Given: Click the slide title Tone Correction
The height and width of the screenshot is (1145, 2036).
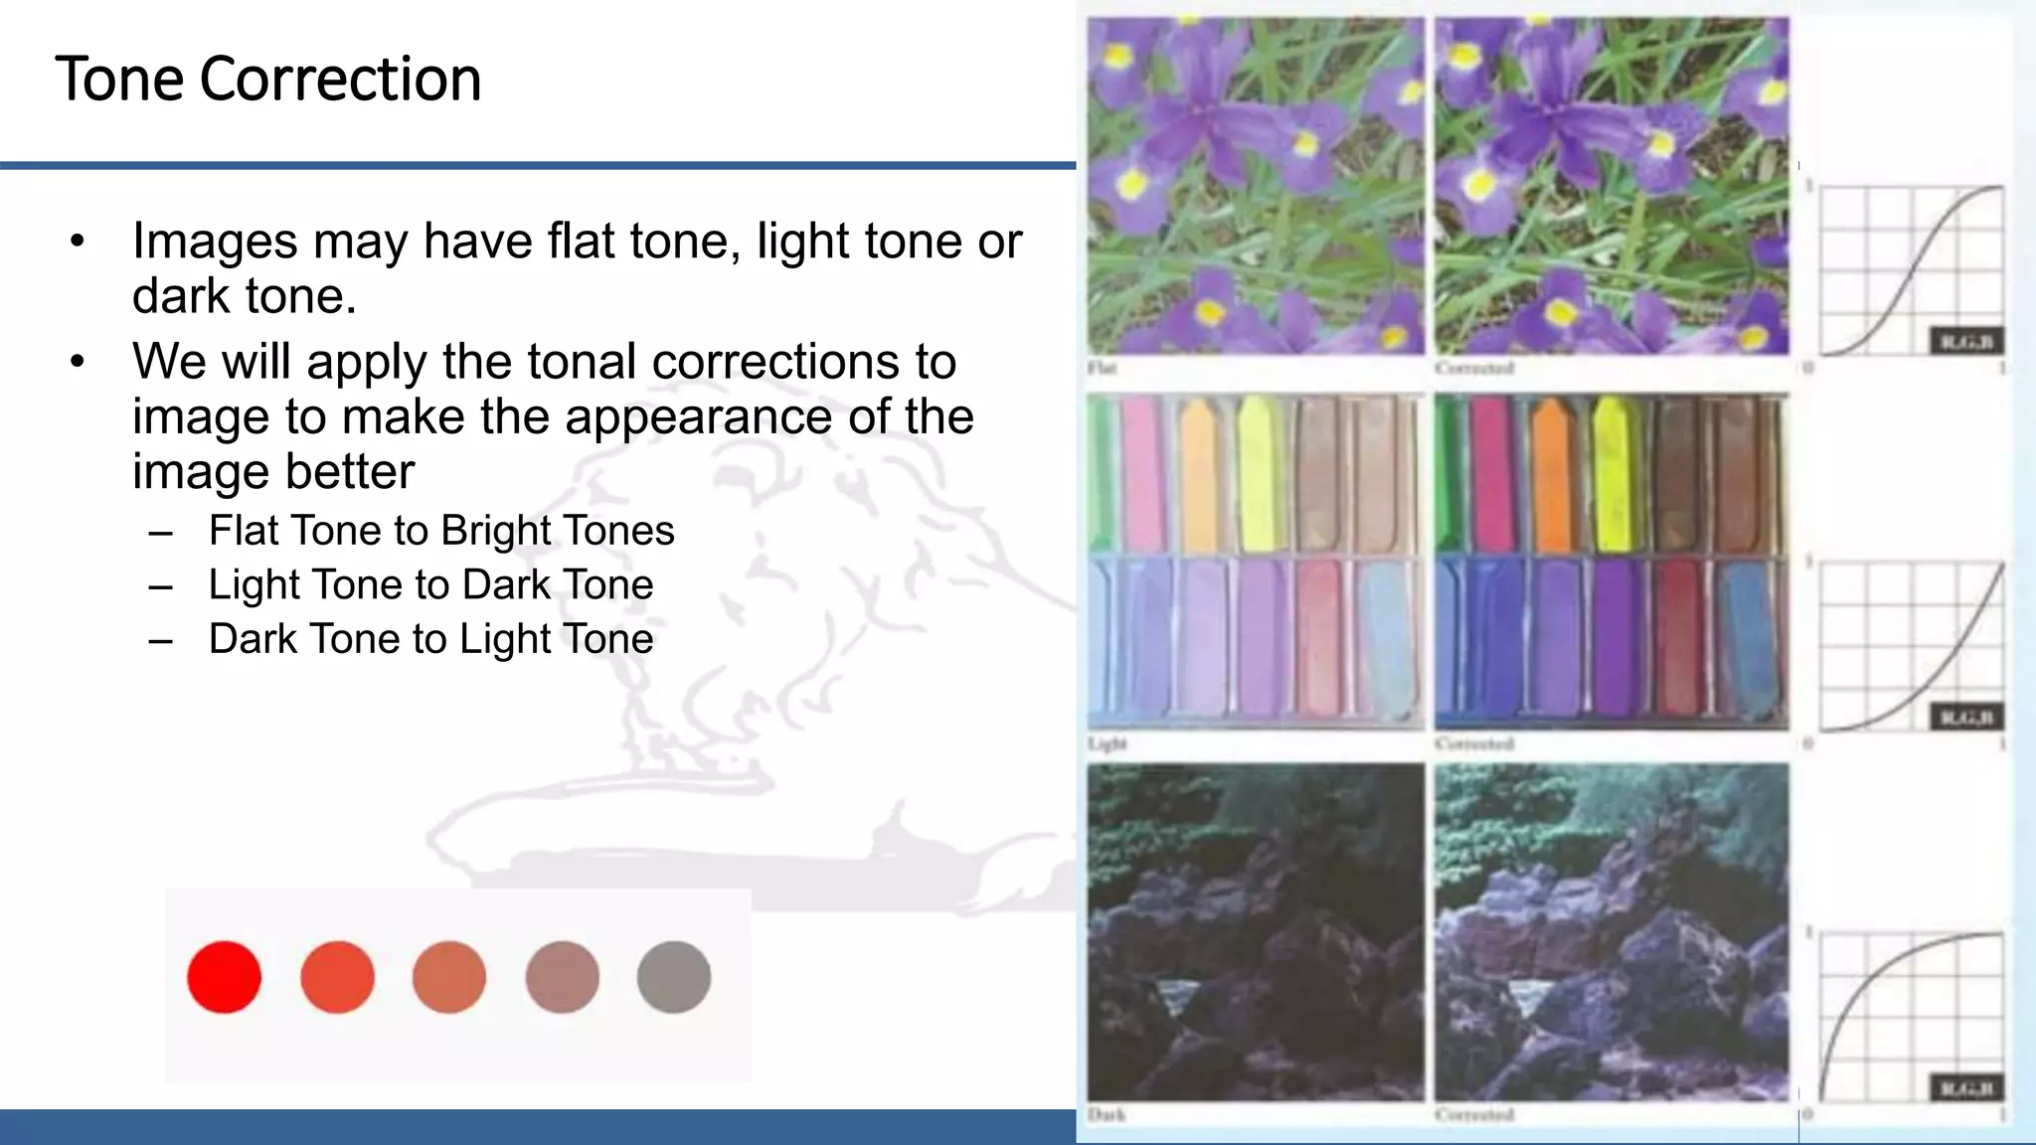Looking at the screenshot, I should (268, 80).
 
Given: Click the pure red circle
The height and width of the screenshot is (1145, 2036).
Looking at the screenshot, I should (224, 977).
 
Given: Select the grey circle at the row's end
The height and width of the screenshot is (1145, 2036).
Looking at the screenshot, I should (674, 977).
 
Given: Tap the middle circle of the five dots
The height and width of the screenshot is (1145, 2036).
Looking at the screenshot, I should (449, 977).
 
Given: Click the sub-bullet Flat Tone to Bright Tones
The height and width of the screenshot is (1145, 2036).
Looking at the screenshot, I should (441, 531).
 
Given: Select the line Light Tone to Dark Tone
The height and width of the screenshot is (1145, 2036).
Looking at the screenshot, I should (430, 584).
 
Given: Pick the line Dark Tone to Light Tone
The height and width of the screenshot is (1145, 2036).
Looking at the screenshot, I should (430, 639).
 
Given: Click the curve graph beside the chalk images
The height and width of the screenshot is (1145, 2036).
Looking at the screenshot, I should (1909, 646).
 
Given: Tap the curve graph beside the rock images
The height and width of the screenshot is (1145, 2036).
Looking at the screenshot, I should (1909, 1016).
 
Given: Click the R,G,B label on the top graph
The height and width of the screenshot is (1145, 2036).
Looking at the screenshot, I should (1965, 342).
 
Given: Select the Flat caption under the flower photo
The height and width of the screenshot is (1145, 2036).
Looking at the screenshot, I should (1102, 369).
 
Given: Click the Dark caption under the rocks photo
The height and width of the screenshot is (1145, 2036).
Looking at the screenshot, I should (1105, 1115).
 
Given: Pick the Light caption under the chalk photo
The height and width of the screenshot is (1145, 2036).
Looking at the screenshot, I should (1106, 743).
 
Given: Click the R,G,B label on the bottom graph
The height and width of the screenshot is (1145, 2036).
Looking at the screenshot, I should (1965, 1088).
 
